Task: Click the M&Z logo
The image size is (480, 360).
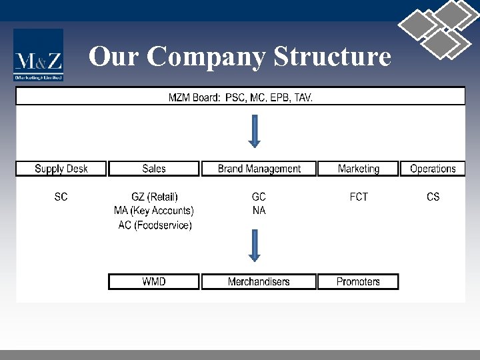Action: (39, 56)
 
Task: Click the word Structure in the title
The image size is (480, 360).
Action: (332, 57)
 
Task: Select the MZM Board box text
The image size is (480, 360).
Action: (240, 97)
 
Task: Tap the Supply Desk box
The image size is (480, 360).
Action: (61, 169)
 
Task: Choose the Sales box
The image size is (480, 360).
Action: (154, 169)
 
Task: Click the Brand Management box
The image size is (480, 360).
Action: (259, 169)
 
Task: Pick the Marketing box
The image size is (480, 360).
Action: (359, 169)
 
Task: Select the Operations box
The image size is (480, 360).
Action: (433, 169)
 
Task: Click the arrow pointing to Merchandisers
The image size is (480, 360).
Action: (254, 245)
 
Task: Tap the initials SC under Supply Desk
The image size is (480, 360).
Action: (61, 197)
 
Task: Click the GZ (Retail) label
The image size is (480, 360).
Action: (155, 197)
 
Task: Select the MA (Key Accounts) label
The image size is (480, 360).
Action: (154, 211)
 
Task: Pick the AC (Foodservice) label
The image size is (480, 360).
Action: (155, 225)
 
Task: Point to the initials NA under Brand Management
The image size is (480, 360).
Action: (259, 211)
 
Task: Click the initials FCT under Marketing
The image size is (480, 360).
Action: (359, 197)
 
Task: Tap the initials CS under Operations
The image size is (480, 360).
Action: (433, 197)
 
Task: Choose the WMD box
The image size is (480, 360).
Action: (154, 281)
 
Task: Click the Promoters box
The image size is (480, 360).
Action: (358, 281)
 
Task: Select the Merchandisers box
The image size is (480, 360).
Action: (259, 281)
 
